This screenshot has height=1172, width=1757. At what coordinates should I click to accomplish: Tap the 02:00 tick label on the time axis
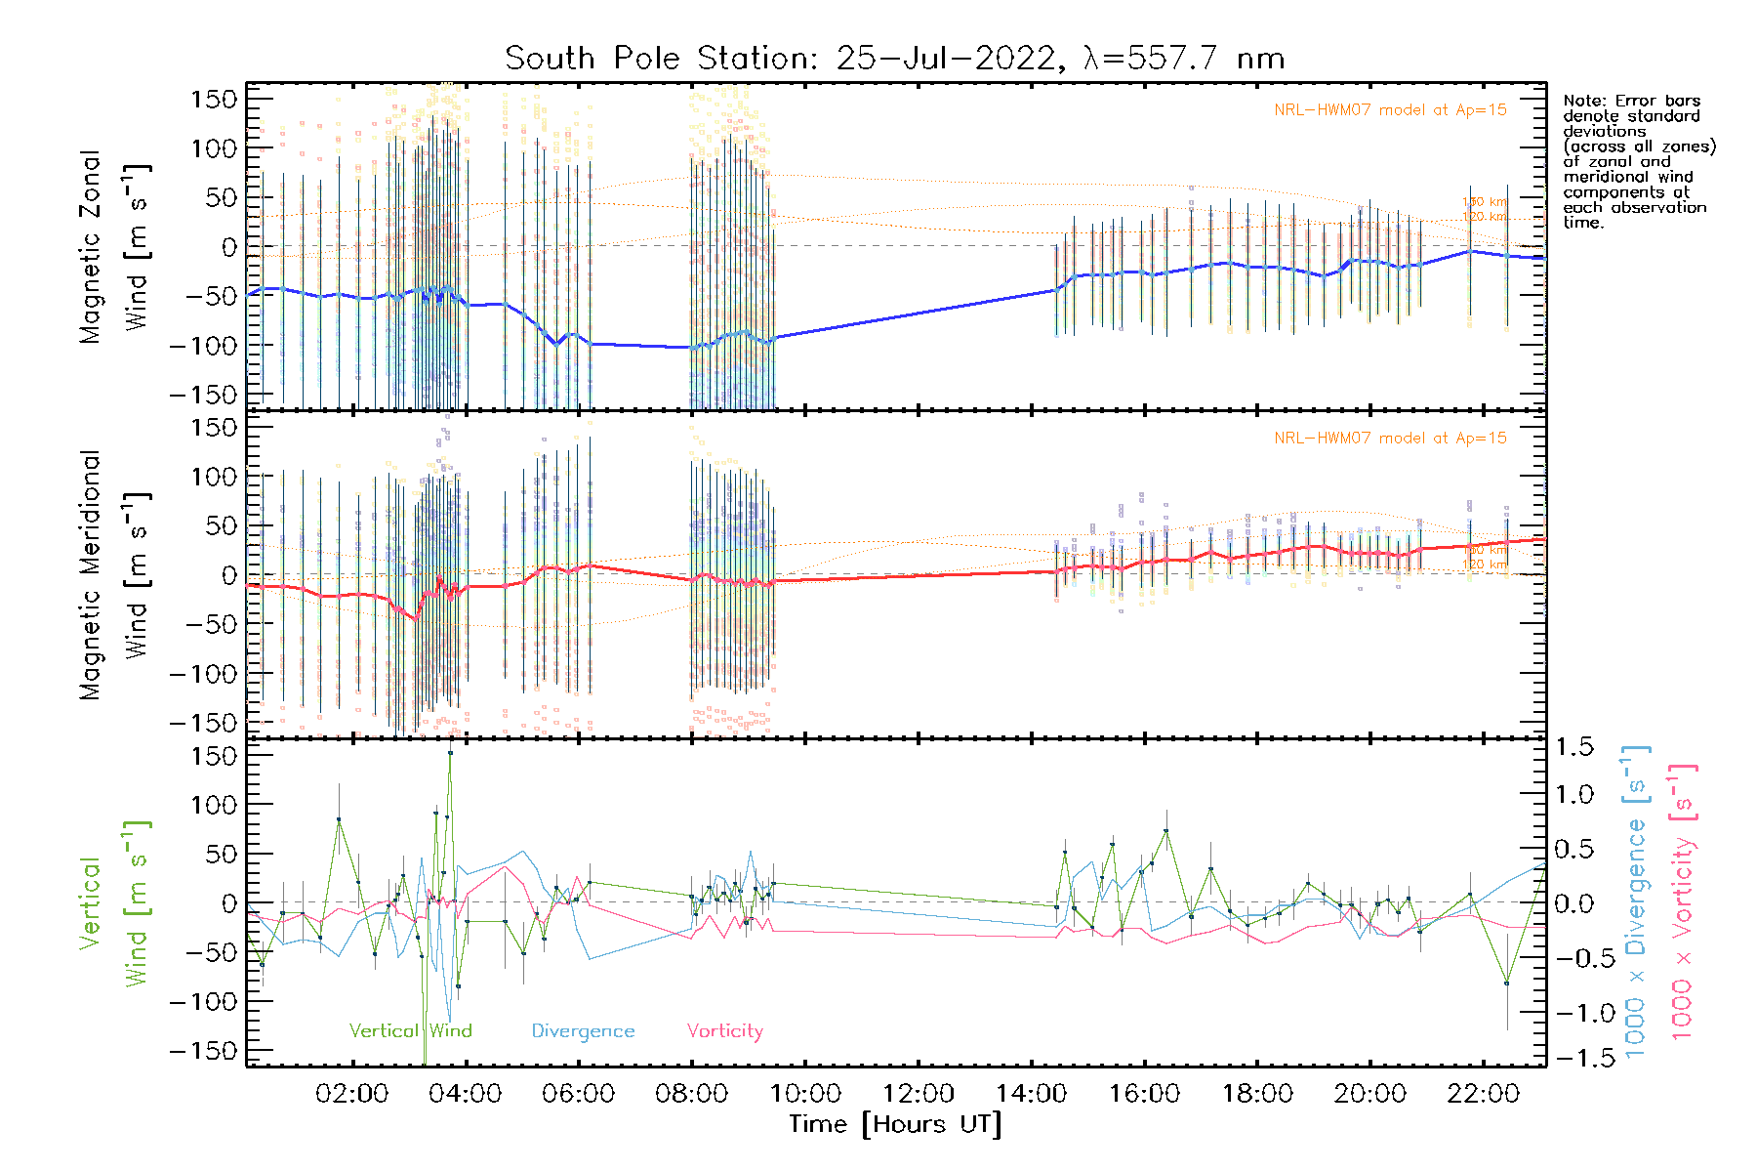[x=352, y=1094]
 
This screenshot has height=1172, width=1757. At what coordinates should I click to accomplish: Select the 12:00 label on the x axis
[x=919, y=1094]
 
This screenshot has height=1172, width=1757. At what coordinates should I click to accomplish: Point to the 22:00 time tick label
[x=1483, y=1094]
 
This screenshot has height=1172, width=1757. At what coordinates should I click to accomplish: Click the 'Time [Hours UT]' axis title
[x=895, y=1124]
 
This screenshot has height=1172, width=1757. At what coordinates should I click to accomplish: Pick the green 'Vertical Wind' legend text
[x=410, y=1031]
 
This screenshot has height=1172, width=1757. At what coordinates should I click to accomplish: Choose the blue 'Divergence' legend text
[x=583, y=1031]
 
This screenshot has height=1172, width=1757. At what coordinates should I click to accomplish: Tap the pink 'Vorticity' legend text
[x=724, y=1031]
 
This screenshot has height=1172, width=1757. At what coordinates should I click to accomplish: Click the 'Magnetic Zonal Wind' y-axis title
[x=115, y=246]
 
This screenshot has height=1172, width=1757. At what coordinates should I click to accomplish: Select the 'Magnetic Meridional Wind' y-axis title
[x=115, y=575]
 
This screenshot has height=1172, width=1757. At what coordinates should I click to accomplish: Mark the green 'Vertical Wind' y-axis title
[x=115, y=903]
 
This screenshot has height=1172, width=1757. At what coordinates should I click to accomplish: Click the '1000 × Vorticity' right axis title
[x=1682, y=901]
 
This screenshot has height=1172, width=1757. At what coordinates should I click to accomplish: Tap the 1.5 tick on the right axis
[x=1573, y=747]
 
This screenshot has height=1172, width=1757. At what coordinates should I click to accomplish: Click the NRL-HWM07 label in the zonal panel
[x=1390, y=110]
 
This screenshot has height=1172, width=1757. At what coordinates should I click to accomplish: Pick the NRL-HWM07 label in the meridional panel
[x=1390, y=439]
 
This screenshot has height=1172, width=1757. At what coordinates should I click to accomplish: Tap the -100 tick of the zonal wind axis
[x=204, y=346]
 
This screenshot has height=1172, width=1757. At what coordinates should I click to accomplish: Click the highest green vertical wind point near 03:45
[x=450, y=753]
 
